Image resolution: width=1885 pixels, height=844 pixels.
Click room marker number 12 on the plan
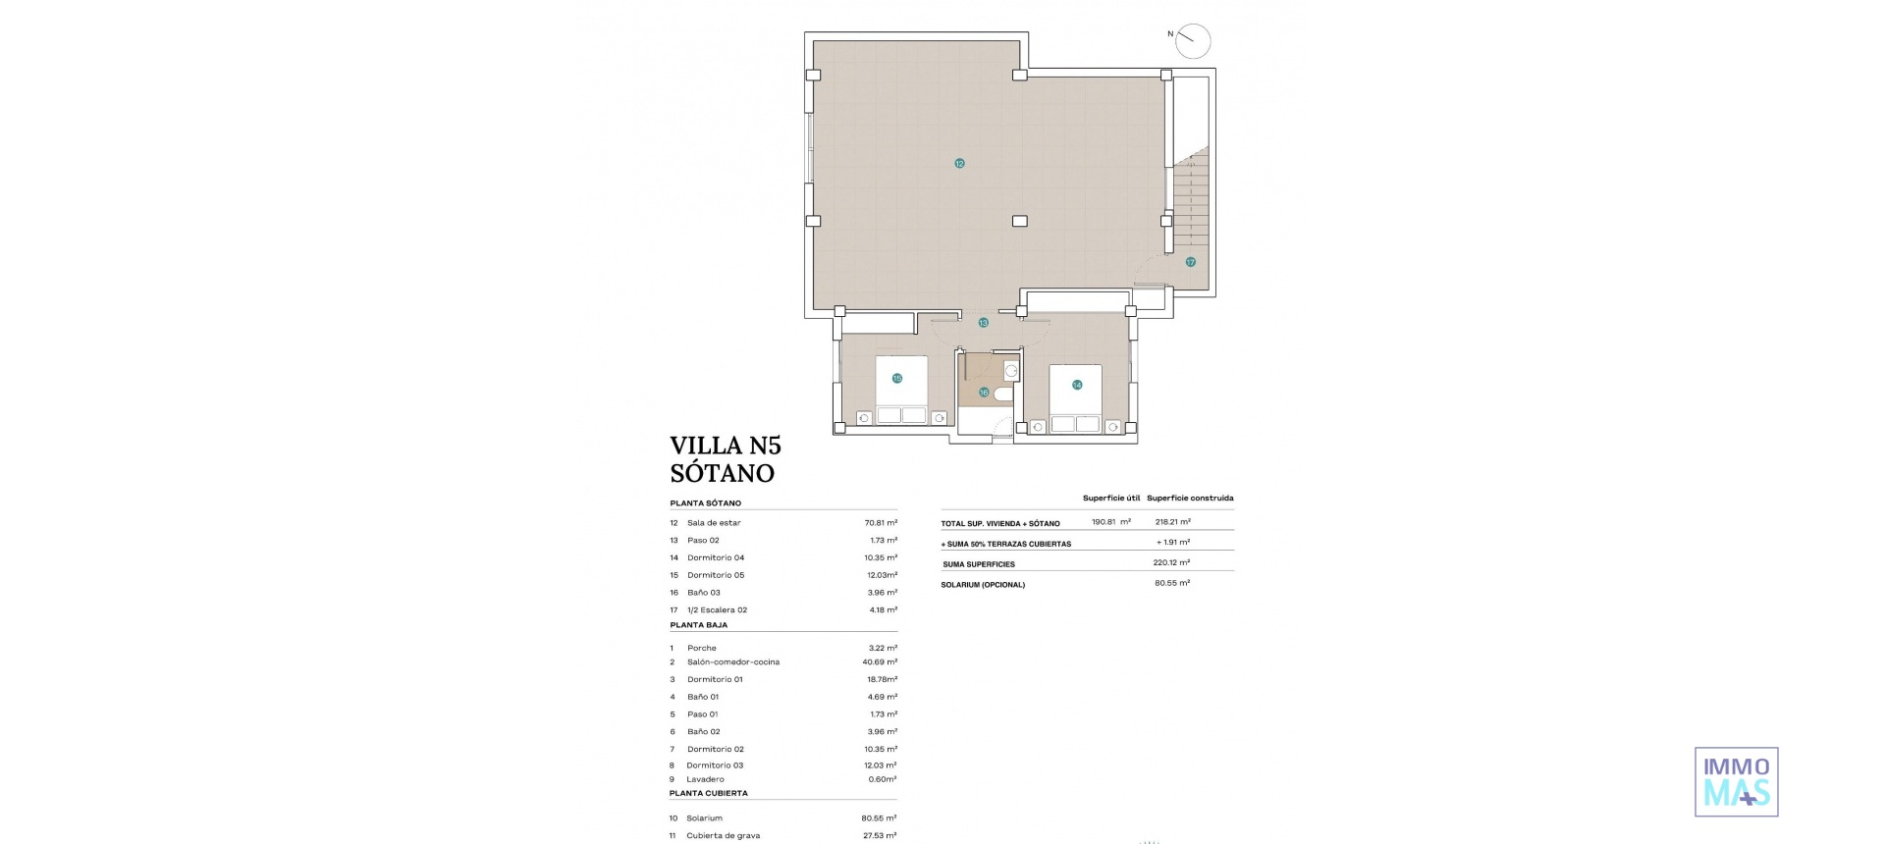[x=959, y=164]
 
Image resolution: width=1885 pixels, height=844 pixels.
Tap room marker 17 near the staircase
[x=1190, y=262]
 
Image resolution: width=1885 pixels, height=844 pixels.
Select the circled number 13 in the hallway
[x=983, y=323]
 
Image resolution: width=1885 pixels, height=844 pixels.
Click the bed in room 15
[x=901, y=391]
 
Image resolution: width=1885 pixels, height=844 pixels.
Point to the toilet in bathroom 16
[x=1002, y=395]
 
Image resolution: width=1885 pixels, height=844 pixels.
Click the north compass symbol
[x=1192, y=40]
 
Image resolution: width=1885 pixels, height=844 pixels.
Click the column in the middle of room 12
[x=1020, y=222]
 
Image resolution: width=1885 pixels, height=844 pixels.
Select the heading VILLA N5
[x=725, y=446]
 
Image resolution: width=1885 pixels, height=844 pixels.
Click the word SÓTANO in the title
[x=722, y=473]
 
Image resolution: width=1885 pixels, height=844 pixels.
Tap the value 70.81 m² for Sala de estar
[x=880, y=523]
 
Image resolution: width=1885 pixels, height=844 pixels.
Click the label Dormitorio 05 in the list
[x=716, y=575]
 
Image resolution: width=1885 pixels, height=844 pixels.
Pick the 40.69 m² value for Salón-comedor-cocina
[x=880, y=662]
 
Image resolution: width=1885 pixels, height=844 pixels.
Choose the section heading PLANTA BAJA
[x=698, y=625]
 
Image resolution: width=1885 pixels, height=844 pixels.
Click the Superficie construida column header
[x=1189, y=499]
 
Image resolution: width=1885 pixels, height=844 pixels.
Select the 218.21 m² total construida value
[x=1172, y=522]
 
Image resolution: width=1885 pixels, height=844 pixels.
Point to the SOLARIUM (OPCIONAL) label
[x=982, y=585]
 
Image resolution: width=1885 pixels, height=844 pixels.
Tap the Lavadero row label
[x=705, y=779]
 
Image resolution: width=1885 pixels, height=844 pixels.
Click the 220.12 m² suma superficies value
[x=1170, y=563]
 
